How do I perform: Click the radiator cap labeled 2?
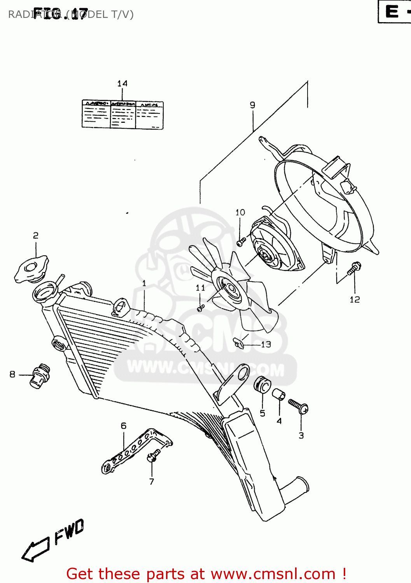pos(32,269)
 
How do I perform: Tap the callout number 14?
pos(122,84)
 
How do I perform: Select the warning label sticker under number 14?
pos(122,115)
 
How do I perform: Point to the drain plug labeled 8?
pos(40,376)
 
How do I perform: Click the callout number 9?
pos(252,105)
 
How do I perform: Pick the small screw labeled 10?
pos(240,243)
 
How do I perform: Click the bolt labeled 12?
pos(354,269)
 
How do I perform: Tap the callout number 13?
pos(266,344)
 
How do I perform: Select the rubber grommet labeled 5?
pos(262,385)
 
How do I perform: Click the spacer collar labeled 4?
pos(278,394)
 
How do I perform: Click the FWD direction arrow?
pos(35,550)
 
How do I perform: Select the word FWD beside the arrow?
pos(69,532)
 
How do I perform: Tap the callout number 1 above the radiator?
pos(144,283)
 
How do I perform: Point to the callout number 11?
pos(200,288)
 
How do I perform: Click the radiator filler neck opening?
pos(45,292)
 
